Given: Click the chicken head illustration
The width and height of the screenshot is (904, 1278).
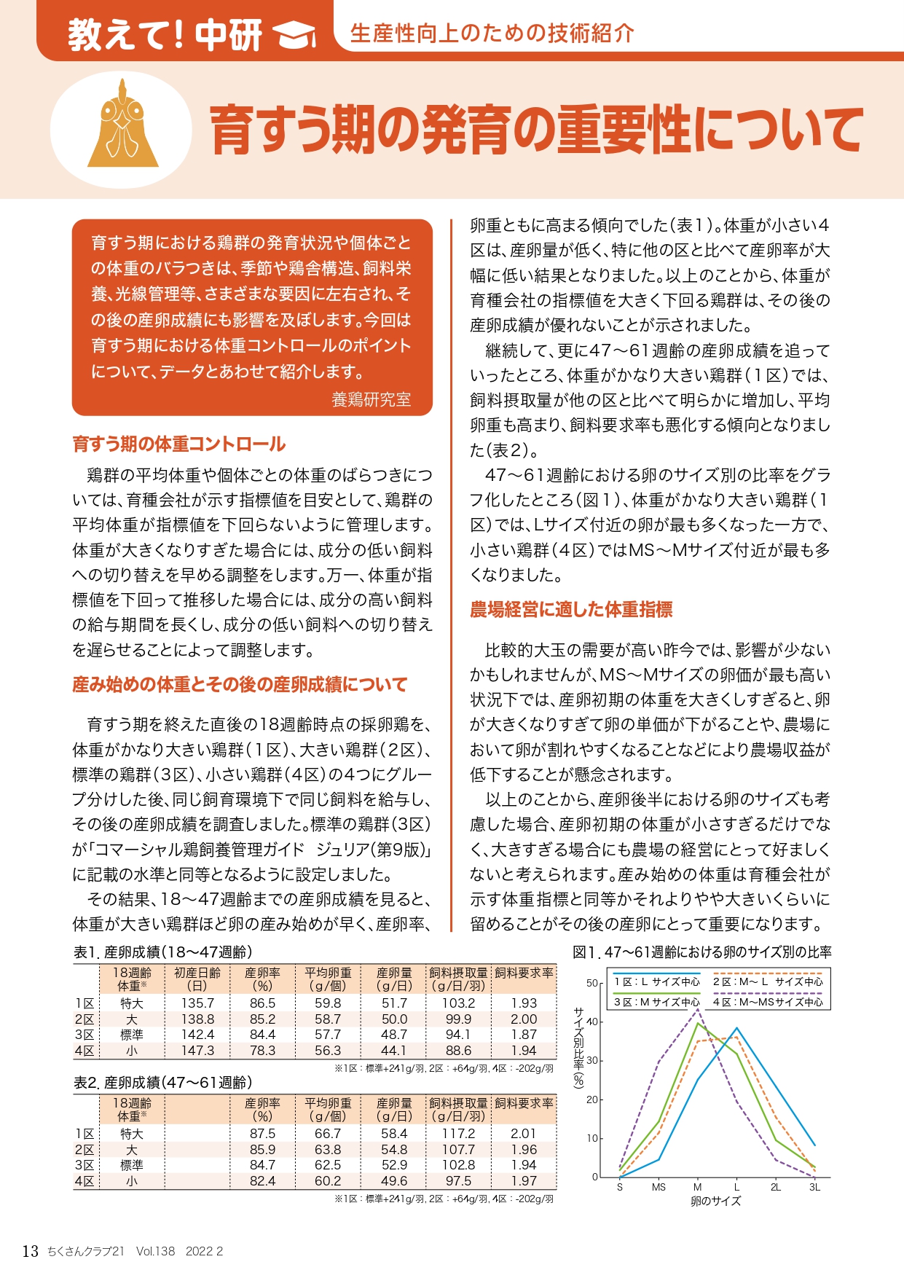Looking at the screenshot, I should [122, 125].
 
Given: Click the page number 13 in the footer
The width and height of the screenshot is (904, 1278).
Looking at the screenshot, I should [30, 1251].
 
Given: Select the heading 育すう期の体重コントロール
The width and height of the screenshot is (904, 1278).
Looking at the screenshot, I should [178, 444].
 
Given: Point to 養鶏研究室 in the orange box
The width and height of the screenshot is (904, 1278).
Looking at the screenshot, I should [371, 399].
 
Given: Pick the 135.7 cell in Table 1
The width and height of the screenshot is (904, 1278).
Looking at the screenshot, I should [197, 1003].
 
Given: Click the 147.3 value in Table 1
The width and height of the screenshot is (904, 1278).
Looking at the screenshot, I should [197, 1051].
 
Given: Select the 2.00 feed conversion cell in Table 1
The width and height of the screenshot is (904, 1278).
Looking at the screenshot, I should [523, 1019].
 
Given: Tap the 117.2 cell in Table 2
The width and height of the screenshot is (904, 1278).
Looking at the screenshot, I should [458, 1134].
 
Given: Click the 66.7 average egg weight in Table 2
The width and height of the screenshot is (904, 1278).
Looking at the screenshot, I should [328, 1134].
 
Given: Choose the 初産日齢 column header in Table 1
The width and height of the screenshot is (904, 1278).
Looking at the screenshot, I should [197, 979].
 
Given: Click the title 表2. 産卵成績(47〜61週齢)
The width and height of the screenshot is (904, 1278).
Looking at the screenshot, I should [163, 1083].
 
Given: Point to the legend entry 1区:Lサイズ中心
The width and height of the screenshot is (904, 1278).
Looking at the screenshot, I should [656, 982].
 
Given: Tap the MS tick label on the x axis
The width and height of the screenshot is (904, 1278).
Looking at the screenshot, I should [659, 1187].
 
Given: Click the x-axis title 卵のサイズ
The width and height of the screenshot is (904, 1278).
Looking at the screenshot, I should [715, 1201].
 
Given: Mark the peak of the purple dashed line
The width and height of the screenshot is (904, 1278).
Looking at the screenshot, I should [698, 1010].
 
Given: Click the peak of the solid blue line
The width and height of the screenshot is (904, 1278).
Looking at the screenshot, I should [737, 1027].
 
